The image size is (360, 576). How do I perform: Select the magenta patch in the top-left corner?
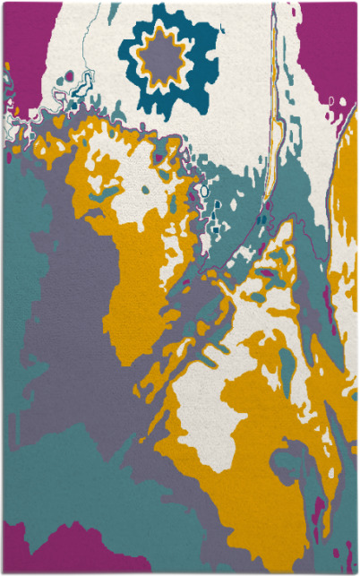click(18, 36)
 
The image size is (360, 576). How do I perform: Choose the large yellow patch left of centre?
click(143, 269)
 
